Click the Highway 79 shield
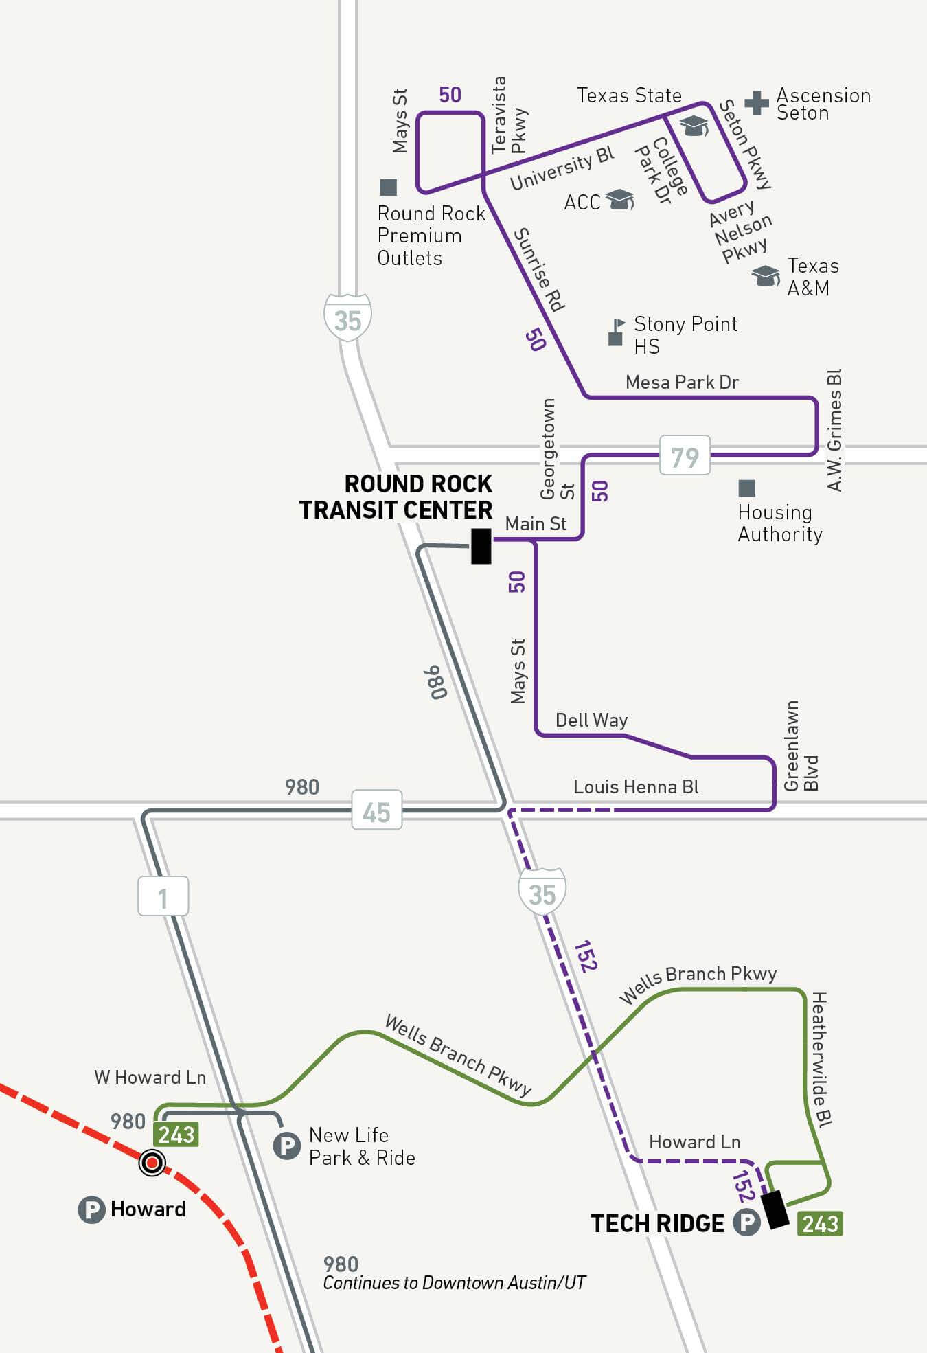click(685, 455)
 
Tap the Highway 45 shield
click(376, 810)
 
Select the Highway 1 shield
click(163, 896)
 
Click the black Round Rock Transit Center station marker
click(481, 546)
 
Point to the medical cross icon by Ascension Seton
click(756, 102)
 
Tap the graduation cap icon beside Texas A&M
click(765, 275)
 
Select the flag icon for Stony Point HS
click(617, 332)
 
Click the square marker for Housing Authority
click(746, 488)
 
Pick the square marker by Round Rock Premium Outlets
click(389, 187)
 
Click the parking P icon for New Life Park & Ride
click(287, 1146)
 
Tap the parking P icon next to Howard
click(91, 1209)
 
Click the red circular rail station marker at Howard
click(152, 1163)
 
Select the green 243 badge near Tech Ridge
click(819, 1224)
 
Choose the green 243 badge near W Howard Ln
click(176, 1135)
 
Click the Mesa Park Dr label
click(682, 382)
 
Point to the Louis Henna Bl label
click(636, 786)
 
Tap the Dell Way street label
click(591, 720)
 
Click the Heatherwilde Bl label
click(821, 1058)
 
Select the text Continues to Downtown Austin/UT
click(454, 1283)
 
